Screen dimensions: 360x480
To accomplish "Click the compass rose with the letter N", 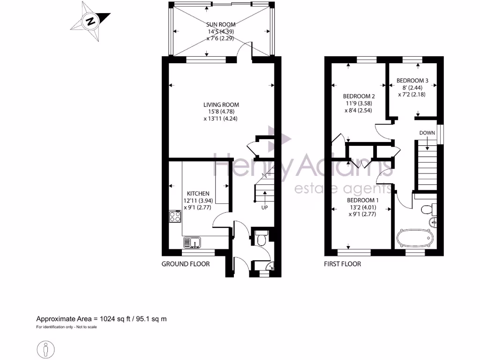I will point(90,21).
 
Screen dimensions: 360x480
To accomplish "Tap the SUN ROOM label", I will point(221,24).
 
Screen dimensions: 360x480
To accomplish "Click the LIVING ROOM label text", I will point(221,105).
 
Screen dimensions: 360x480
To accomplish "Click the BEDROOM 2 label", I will point(359,97).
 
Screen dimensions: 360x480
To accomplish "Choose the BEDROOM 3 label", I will point(412,81).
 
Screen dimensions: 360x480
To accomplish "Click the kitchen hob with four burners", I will point(175,217).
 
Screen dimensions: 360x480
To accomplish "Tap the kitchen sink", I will point(192,242).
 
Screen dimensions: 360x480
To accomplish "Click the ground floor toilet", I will point(262,239).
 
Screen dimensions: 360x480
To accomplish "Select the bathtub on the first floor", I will point(414,238).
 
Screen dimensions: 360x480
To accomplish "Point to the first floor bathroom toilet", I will point(427,208).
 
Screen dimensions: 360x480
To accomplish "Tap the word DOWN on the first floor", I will point(427,133).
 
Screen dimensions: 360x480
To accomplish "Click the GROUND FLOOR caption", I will point(186,264).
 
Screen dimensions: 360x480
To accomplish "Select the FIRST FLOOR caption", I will point(342,264).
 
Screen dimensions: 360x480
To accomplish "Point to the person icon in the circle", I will point(45,349).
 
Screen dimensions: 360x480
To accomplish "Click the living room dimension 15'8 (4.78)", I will point(221,112).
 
